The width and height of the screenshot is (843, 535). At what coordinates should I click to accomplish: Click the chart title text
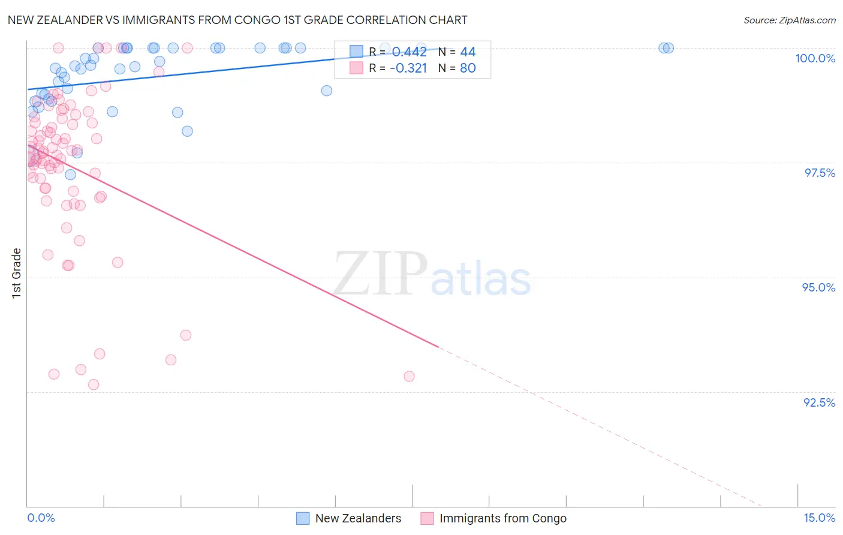(237, 20)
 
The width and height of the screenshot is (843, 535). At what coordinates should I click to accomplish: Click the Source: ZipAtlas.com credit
(789, 20)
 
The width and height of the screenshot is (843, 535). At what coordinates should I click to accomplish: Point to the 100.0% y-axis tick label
(815, 58)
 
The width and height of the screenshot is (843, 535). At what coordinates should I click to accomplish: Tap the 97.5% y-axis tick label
(820, 173)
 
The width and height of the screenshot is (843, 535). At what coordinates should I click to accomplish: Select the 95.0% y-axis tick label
(818, 287)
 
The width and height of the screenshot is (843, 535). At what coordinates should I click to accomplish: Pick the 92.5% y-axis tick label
(819, 402)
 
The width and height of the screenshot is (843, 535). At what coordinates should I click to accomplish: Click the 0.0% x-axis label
(41, 518)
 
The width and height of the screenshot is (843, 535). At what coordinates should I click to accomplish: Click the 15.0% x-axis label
(819, 518)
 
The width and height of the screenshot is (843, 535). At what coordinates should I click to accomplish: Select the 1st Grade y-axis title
(17, 273)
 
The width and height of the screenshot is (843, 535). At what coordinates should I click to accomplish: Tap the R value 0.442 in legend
(409, 52)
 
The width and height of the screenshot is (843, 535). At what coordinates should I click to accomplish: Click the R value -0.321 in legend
(408, 68)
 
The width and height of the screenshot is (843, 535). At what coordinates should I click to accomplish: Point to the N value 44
(468, 52)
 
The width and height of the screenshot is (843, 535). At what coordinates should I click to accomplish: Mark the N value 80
(468, 68)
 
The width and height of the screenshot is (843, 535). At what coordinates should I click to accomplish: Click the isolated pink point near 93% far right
(409, 376)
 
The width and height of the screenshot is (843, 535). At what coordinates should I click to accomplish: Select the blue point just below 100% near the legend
(326, 91)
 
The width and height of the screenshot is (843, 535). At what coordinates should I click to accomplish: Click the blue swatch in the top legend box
(356, 52)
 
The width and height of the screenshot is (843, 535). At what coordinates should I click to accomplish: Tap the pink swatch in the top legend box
(356, 68)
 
